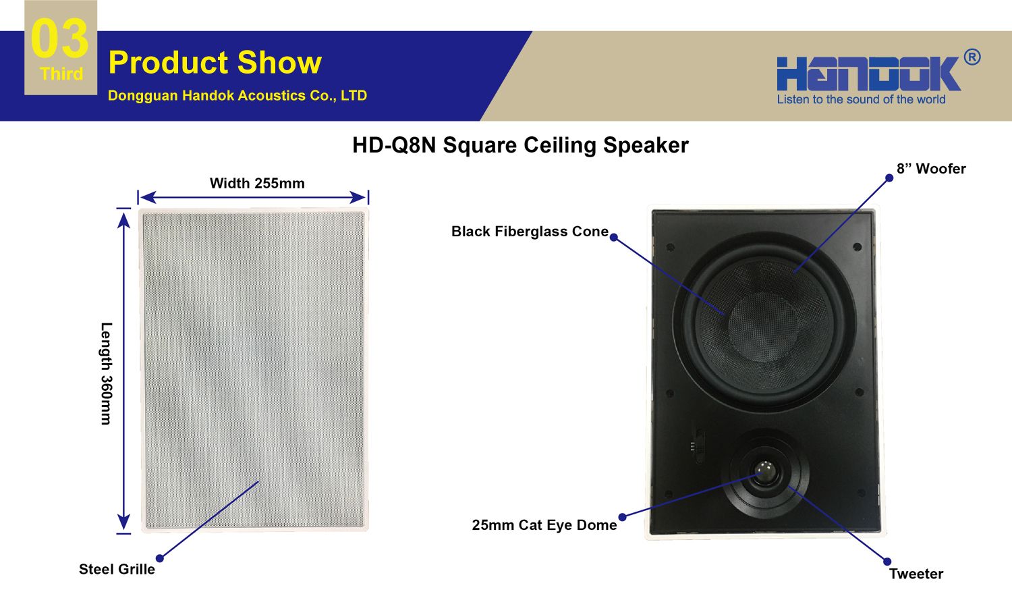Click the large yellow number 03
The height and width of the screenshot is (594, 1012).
[59, 38]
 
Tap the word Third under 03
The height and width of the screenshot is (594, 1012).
[61, 74]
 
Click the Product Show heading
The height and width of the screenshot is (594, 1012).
[215, 62]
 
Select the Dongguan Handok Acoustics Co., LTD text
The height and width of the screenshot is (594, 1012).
[237, 95]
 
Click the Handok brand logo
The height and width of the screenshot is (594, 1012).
[868, 73]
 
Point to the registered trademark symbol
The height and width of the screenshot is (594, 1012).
[972, 57]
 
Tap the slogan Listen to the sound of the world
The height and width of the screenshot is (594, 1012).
[861, 99]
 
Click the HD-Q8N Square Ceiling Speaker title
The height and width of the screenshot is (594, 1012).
[520, 146]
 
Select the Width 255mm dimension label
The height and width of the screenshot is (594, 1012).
[257, 183]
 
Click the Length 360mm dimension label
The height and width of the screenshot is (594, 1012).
[106, 373]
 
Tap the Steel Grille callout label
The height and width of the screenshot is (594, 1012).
[117, 569]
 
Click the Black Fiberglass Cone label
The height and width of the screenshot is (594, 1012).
[530, 232]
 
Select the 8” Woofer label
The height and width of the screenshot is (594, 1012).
[931, 169]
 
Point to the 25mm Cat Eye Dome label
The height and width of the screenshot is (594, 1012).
[544, 525]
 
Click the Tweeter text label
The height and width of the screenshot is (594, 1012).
[916, 574]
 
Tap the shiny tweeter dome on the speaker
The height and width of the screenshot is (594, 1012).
[766, 472]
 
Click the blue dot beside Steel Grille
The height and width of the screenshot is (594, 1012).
[159, 558]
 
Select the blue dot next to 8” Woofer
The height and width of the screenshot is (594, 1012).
[889, 178]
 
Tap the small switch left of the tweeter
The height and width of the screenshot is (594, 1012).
[698, 446]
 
